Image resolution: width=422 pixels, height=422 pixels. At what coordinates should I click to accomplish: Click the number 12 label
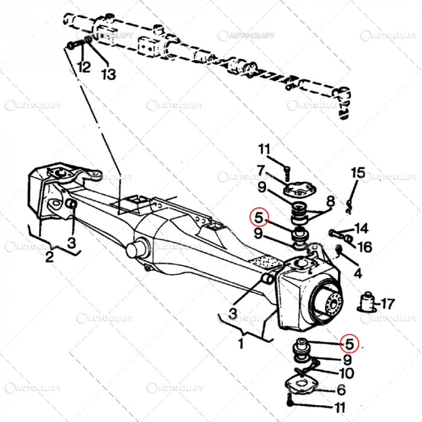(x=84, y=68)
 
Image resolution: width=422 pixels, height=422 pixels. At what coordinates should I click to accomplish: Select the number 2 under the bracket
(x=49, y=257)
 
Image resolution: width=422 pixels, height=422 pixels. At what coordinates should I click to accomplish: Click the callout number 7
(x=260, y=171)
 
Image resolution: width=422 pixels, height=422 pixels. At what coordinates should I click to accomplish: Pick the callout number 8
(x=330, y=200)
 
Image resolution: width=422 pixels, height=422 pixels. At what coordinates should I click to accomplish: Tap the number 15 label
(x=358, y=174)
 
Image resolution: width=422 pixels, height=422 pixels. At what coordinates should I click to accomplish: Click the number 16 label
(x=364, y=247)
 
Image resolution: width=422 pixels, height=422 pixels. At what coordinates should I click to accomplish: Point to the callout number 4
(x=357, y=273)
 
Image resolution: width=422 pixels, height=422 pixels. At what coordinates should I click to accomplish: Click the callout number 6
(x=341, y=390)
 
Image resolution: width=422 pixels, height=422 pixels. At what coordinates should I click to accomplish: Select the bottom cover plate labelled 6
(x=300, y=384)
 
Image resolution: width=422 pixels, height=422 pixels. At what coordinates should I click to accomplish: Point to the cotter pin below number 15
(x=350, y=203)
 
